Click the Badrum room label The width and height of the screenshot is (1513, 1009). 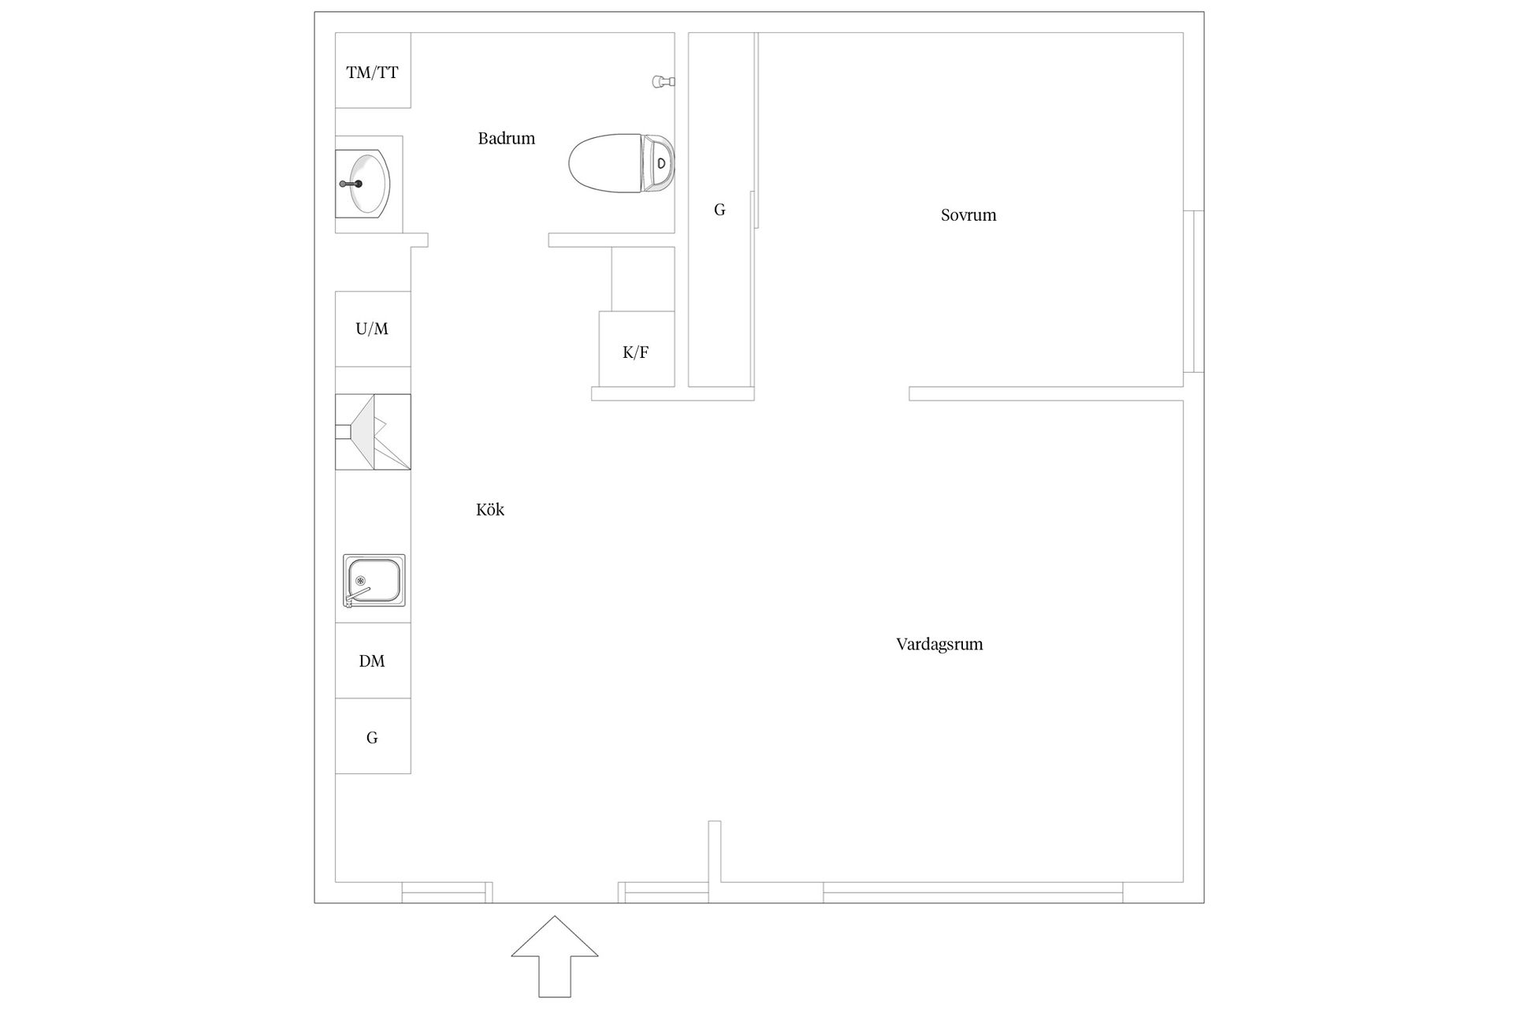pyautogui.click(x=506, y=139)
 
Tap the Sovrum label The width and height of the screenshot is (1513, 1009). pyautogui.click(x=968, y=215)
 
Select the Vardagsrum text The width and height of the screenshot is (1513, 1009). pyautogui.click(x=939, y=645)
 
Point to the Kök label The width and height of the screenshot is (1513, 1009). pyautogui.click(x=490, y=510)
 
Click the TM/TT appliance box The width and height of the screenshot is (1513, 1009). pyautogui.click(x=373, y=70)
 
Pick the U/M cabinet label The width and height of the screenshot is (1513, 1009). pyautogui.click(x=372, y=329)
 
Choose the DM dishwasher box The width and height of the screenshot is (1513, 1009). pyautogui.click(x=373, y=661)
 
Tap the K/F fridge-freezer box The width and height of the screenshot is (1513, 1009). pyautogui.click(x=637, y=349)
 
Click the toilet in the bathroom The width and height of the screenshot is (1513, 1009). pyautogui.click(x=622, y=163)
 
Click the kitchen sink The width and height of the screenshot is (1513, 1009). pyautogui.click(x=374, y=580)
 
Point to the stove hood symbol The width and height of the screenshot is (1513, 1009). pyautogui.click(x=373, y=432)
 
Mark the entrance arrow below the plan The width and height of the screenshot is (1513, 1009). pyautogui.click(x=555, y=956)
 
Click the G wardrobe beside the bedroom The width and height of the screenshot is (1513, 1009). pyautogui.click(x=719, y=210)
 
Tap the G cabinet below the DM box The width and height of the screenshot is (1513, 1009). pyautogui.click(x=373, y=736)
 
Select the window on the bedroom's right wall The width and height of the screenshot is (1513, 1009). pyautogui.click(x=1194, y=291)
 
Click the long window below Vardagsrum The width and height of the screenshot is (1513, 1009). pyautogui.click(x=973, y=892)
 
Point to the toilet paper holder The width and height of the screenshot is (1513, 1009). pyautogui.click(x=664, y=81)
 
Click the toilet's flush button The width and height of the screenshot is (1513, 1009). pyautogui.click(x=662, y=163)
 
